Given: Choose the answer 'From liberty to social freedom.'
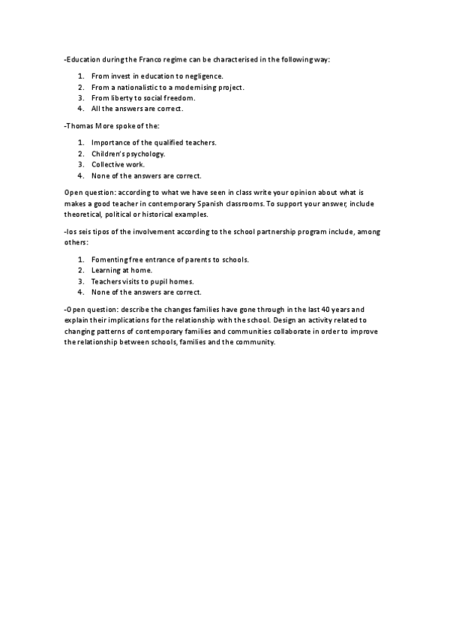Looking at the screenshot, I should click(x=143, y=97).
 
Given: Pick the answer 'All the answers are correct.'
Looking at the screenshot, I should click(x=137, y=109).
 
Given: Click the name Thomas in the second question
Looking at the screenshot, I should click(x=79, y=126).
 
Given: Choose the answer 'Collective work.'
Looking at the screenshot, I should click(x=118, y=164).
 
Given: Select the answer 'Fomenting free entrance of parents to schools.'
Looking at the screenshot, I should click(x=170, y=259).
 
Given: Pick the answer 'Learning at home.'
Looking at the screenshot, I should click(x=121, y=270).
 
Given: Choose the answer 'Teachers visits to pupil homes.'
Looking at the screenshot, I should click(x=142, y=281).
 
